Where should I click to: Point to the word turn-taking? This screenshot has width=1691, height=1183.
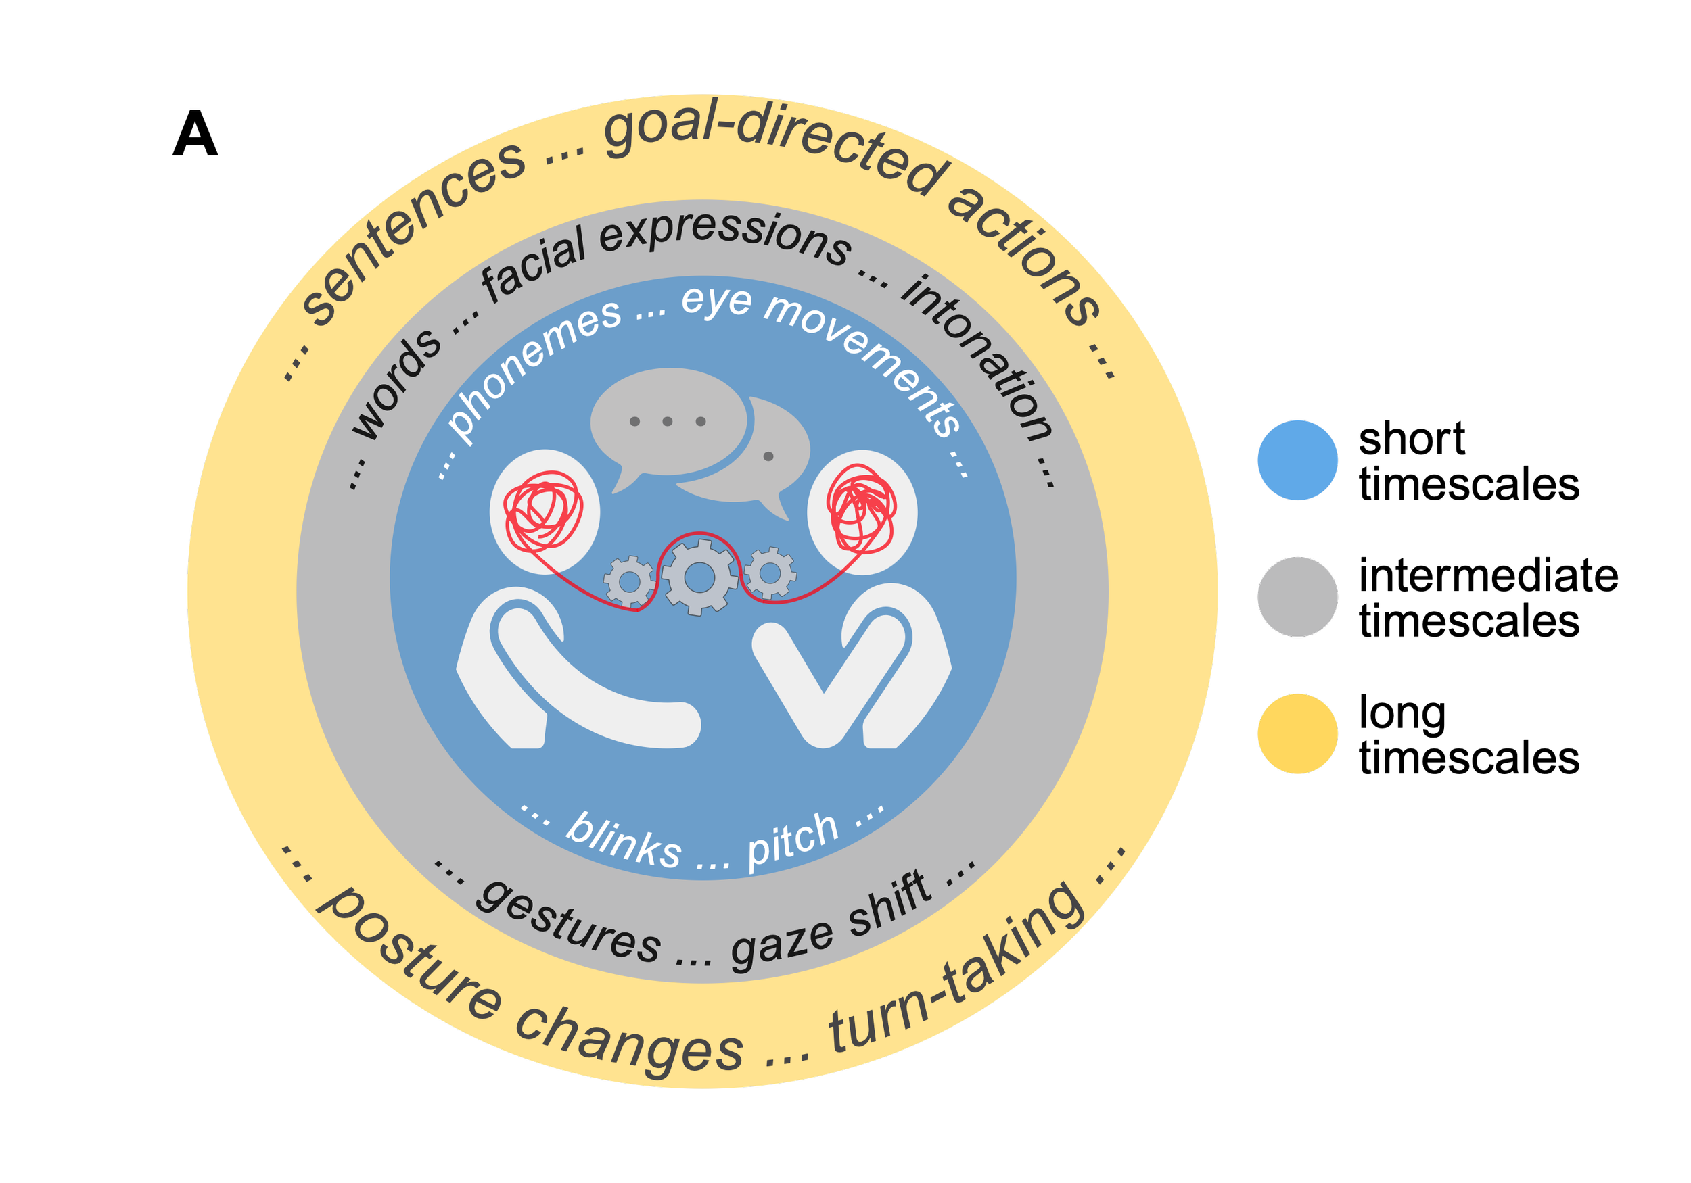[x=958, y=971]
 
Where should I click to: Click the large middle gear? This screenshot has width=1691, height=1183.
[x=699, y=577]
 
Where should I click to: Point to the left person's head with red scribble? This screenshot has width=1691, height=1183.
[x=545, y=512]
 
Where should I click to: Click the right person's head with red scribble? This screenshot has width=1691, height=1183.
[x=862, y=512]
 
